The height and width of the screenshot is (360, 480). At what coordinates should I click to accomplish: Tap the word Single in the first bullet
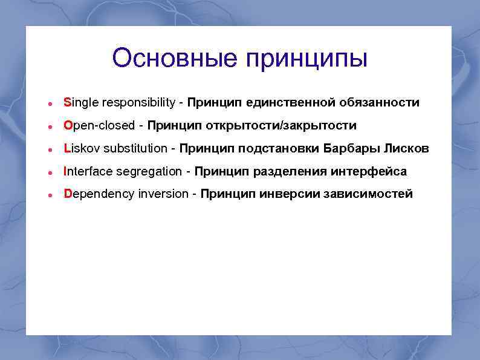click(81, 103)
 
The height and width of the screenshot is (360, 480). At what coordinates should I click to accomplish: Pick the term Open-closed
click(99, 126)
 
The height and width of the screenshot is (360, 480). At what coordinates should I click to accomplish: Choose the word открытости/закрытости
click(281, 126)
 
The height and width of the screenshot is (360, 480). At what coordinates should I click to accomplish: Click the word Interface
click(88, 172)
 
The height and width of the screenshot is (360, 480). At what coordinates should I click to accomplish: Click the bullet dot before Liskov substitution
click(53, 149)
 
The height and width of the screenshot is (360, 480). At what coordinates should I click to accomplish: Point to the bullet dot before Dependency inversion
click(53, 195)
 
